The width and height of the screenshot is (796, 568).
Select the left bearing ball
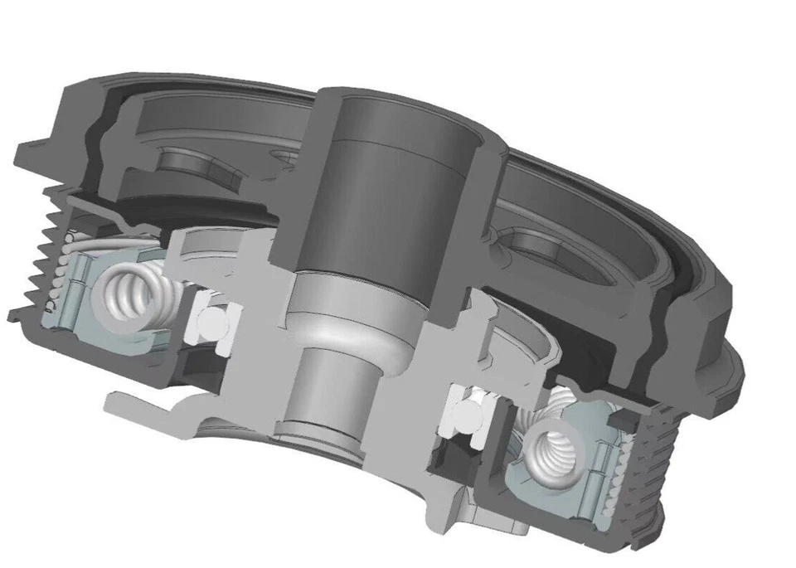211,321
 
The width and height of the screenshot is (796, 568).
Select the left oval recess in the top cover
189,163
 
